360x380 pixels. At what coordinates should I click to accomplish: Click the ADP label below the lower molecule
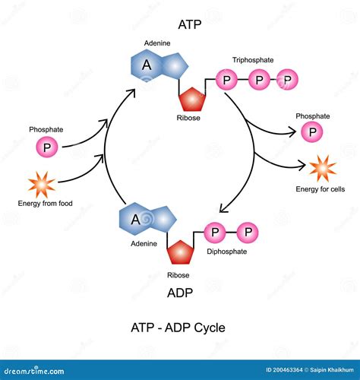click(179, 293)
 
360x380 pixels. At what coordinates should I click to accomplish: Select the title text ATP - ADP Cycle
click(179, 328)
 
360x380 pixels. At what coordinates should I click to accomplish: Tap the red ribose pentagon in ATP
click(191, 99)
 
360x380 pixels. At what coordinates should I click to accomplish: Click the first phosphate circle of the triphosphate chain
click(226, 79)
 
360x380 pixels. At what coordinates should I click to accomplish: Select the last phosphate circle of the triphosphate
click(286, 79)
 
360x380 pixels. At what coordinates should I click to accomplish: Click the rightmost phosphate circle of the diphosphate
click(246, 230)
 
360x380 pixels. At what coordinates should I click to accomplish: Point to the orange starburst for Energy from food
click(40, 185)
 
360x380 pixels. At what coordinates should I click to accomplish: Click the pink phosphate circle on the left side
click(47, 147)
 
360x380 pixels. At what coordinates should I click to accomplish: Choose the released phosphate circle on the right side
click(311, 133)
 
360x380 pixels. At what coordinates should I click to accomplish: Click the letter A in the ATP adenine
click(149, 66)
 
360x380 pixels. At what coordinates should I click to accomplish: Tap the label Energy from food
click(45, 203)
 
